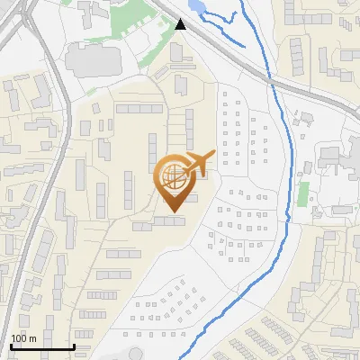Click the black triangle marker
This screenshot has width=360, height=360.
182,24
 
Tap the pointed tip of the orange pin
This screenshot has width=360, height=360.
171,211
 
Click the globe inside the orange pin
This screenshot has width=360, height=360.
170,176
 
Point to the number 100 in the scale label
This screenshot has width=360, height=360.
19,338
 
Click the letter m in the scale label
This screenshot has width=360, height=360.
32,338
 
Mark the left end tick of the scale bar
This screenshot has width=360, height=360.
10,346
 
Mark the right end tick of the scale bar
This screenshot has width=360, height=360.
74,346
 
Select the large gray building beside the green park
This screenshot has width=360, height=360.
91,60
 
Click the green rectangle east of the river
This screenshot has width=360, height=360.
303,193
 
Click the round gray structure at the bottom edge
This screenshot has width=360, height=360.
135,353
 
